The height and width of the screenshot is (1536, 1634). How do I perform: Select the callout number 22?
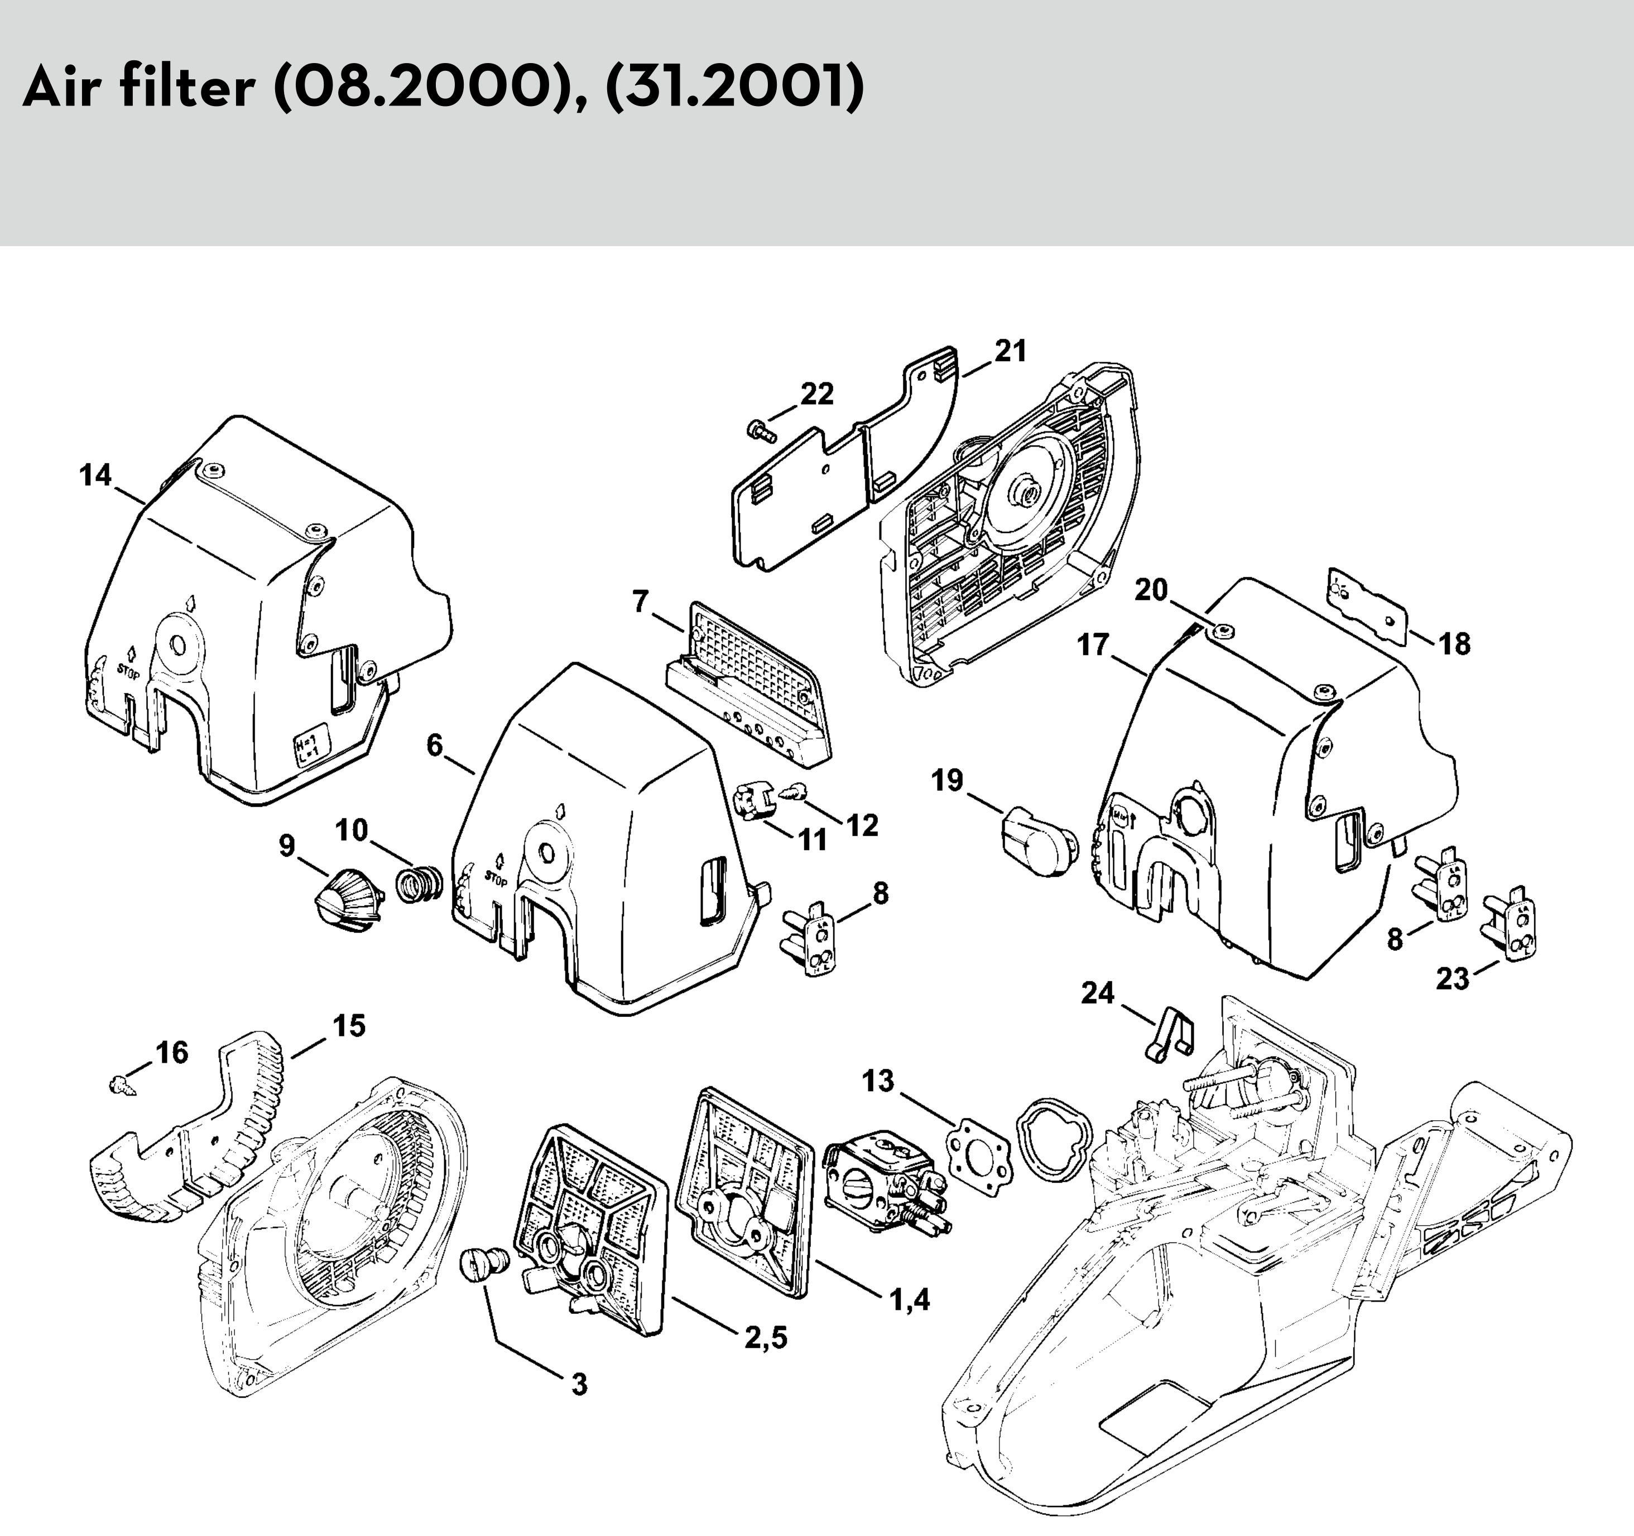coord(817,395)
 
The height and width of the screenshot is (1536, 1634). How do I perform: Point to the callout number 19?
coord(948,780)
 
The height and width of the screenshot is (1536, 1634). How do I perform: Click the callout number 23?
coord(1453,979)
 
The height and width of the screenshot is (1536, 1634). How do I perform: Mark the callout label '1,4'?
coord(910,1299)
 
